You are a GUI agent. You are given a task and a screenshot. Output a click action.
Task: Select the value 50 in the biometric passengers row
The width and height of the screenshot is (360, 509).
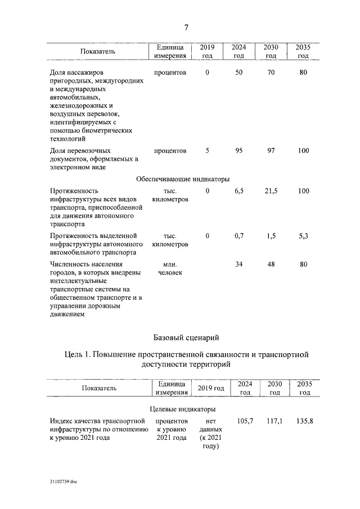(238, 73)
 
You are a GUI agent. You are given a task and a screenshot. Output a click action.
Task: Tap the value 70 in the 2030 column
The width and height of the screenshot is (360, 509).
(271, 73)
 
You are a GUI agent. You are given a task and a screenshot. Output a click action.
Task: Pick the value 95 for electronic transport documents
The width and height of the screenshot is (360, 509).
(238, 151)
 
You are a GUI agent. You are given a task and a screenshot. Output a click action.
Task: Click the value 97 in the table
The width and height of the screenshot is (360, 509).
(271, 151)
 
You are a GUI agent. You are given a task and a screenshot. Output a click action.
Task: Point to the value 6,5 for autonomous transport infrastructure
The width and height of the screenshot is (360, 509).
(238, 191)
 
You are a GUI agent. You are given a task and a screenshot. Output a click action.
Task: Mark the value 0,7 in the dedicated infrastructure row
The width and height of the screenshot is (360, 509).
(238, 236)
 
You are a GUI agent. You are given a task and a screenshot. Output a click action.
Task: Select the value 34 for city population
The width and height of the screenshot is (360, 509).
(238, 264)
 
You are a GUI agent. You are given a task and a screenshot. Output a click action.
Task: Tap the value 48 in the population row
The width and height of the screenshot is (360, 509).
(271, 264)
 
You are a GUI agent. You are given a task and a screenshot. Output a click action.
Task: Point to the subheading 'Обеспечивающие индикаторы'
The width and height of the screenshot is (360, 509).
(183, 179)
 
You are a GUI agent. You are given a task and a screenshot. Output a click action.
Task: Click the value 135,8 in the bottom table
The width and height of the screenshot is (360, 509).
(304, 421)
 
